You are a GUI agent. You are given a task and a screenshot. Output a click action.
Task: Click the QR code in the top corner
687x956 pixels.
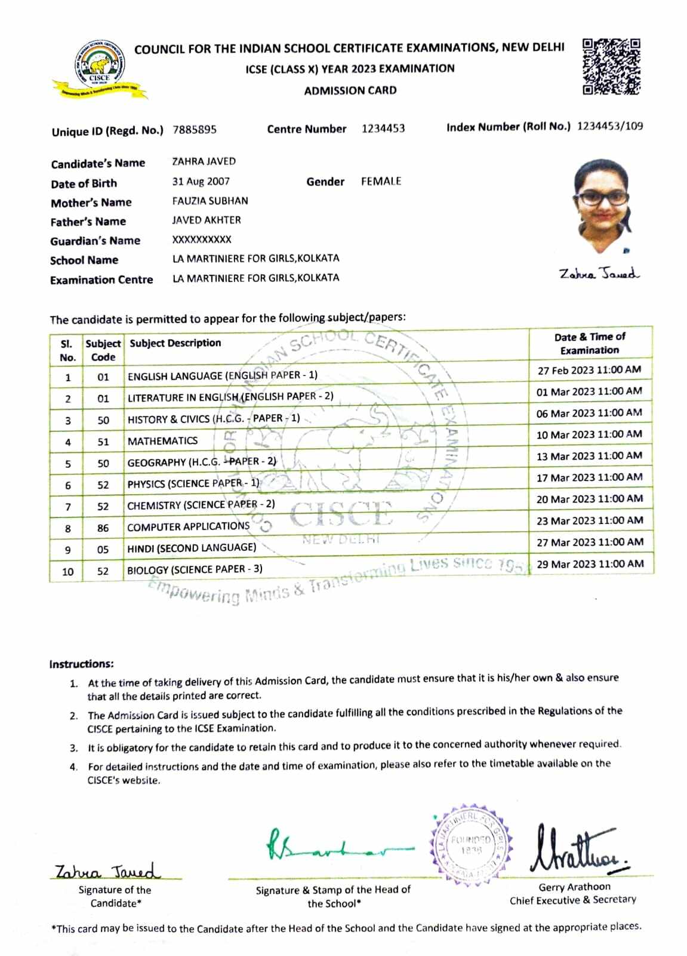(611, 66)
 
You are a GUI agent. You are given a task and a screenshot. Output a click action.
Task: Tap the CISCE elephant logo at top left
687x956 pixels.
(99, 68)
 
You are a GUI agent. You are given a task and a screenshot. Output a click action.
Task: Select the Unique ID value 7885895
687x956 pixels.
(195, 130)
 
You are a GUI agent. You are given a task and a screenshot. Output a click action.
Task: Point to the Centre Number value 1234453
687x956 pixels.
(383, 128)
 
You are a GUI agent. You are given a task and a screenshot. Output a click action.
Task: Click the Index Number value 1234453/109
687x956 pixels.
(610, 126)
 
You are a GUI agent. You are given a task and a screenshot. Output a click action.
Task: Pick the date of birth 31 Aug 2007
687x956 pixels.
(201, 181)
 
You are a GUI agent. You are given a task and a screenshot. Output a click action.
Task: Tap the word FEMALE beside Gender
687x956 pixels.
(381, 181)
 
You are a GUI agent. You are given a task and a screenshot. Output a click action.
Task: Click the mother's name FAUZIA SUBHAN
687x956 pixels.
(210, 201)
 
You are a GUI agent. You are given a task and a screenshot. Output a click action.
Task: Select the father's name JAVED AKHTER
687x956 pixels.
(207, 220)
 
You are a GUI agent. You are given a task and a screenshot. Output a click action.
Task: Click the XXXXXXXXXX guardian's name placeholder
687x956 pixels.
(202, 240)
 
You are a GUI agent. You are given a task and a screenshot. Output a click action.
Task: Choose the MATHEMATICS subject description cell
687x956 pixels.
(162, 441)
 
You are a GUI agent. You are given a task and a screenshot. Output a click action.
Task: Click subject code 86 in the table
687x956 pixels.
(103, 528)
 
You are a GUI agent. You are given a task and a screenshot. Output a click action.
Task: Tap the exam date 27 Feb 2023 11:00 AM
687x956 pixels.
(589, 370)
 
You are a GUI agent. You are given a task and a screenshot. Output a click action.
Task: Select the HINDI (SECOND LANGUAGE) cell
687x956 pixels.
(192, 548)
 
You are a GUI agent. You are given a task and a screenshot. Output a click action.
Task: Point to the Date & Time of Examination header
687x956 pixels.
(590, 344)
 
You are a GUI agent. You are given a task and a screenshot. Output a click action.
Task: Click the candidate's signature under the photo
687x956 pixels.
(599, 274)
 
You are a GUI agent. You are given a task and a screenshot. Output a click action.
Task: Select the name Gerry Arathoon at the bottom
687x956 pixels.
(574, 887)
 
